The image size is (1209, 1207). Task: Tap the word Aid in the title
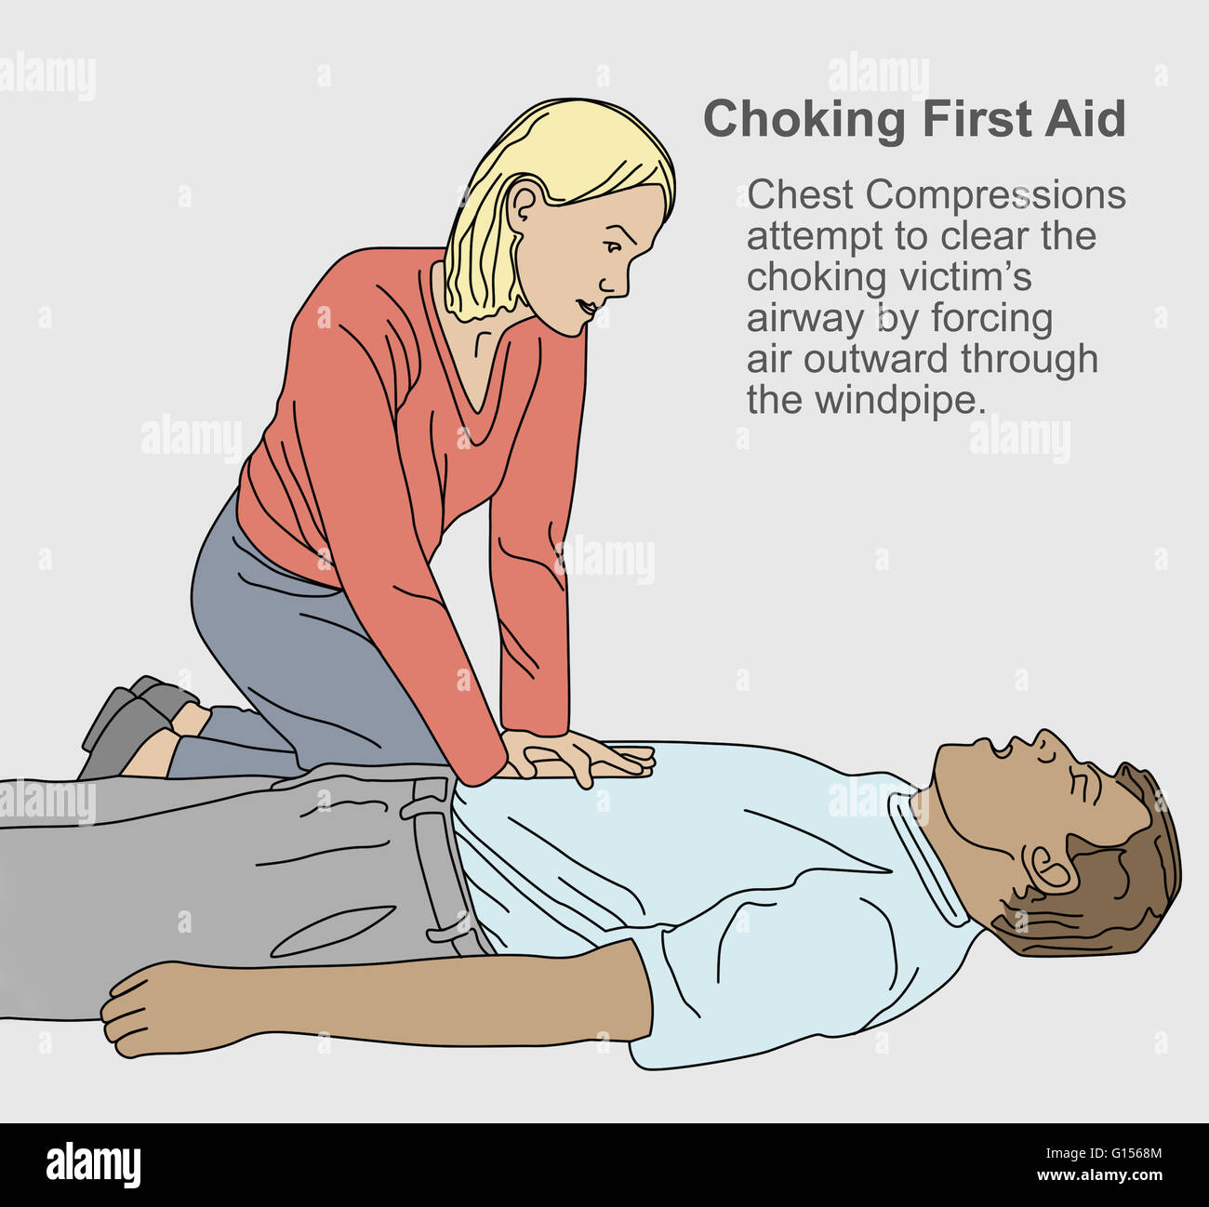(x=1084, y=119)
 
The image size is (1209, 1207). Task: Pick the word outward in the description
(x=876, y=359)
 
